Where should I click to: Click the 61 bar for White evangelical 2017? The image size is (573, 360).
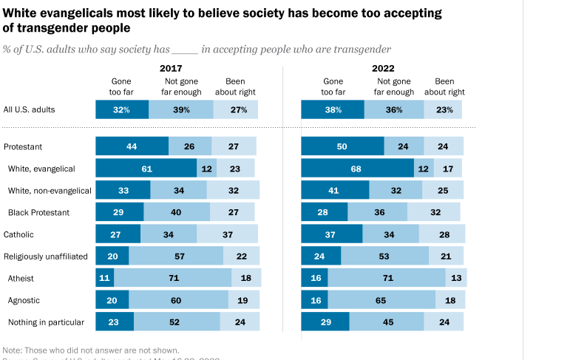click(146, 169)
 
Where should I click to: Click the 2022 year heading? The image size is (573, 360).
click(382, 68)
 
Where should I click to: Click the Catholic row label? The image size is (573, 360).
click(20, 234)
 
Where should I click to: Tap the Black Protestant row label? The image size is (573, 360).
click(38, 212)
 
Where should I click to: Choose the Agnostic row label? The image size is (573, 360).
click(24, 300)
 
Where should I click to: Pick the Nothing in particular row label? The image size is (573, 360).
click(45, 322)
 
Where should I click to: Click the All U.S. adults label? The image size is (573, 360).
click(29, 109)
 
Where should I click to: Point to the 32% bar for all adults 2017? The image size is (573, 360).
click(122, 109)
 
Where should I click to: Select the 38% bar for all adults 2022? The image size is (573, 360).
click(333, 109)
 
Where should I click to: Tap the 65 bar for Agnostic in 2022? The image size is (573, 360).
click(382, 300)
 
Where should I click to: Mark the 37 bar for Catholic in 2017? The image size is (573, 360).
click(227, 234)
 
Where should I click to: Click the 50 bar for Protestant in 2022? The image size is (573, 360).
click(342, 146)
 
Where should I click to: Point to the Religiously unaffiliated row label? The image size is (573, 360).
click(46, 257)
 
